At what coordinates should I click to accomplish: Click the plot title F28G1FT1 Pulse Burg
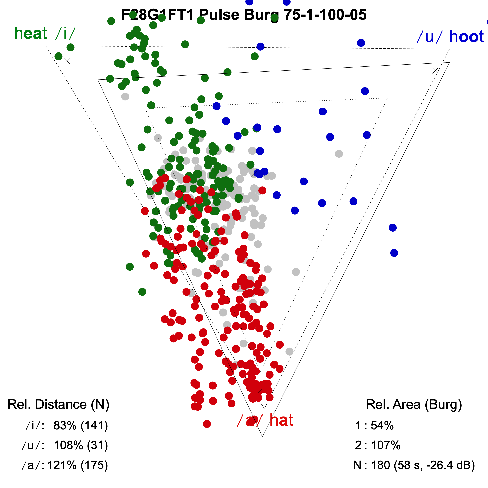244,15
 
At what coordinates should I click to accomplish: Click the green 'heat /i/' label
45,33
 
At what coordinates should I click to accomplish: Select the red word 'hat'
281,420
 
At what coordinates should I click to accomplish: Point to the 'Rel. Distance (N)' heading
58,404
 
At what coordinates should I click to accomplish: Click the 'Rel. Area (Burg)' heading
414,404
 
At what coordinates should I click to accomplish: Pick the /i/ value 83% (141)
81,426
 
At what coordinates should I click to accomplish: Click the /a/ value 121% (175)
77,465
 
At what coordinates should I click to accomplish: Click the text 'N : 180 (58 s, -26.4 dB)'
414,465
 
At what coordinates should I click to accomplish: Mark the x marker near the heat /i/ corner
67,61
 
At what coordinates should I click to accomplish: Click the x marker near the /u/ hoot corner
435,71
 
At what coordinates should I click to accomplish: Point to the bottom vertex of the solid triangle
263,436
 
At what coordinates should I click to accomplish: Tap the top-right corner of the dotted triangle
387,98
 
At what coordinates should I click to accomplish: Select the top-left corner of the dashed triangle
46,46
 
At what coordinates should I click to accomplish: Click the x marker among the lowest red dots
261,390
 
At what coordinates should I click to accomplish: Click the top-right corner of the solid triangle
449,62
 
